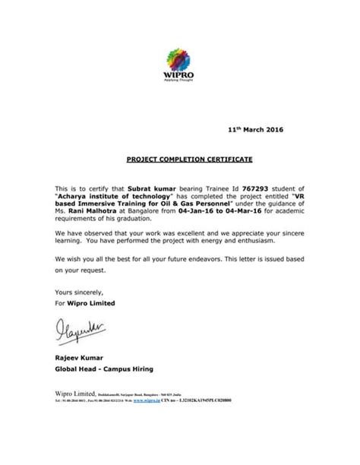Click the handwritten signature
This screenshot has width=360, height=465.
78,331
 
